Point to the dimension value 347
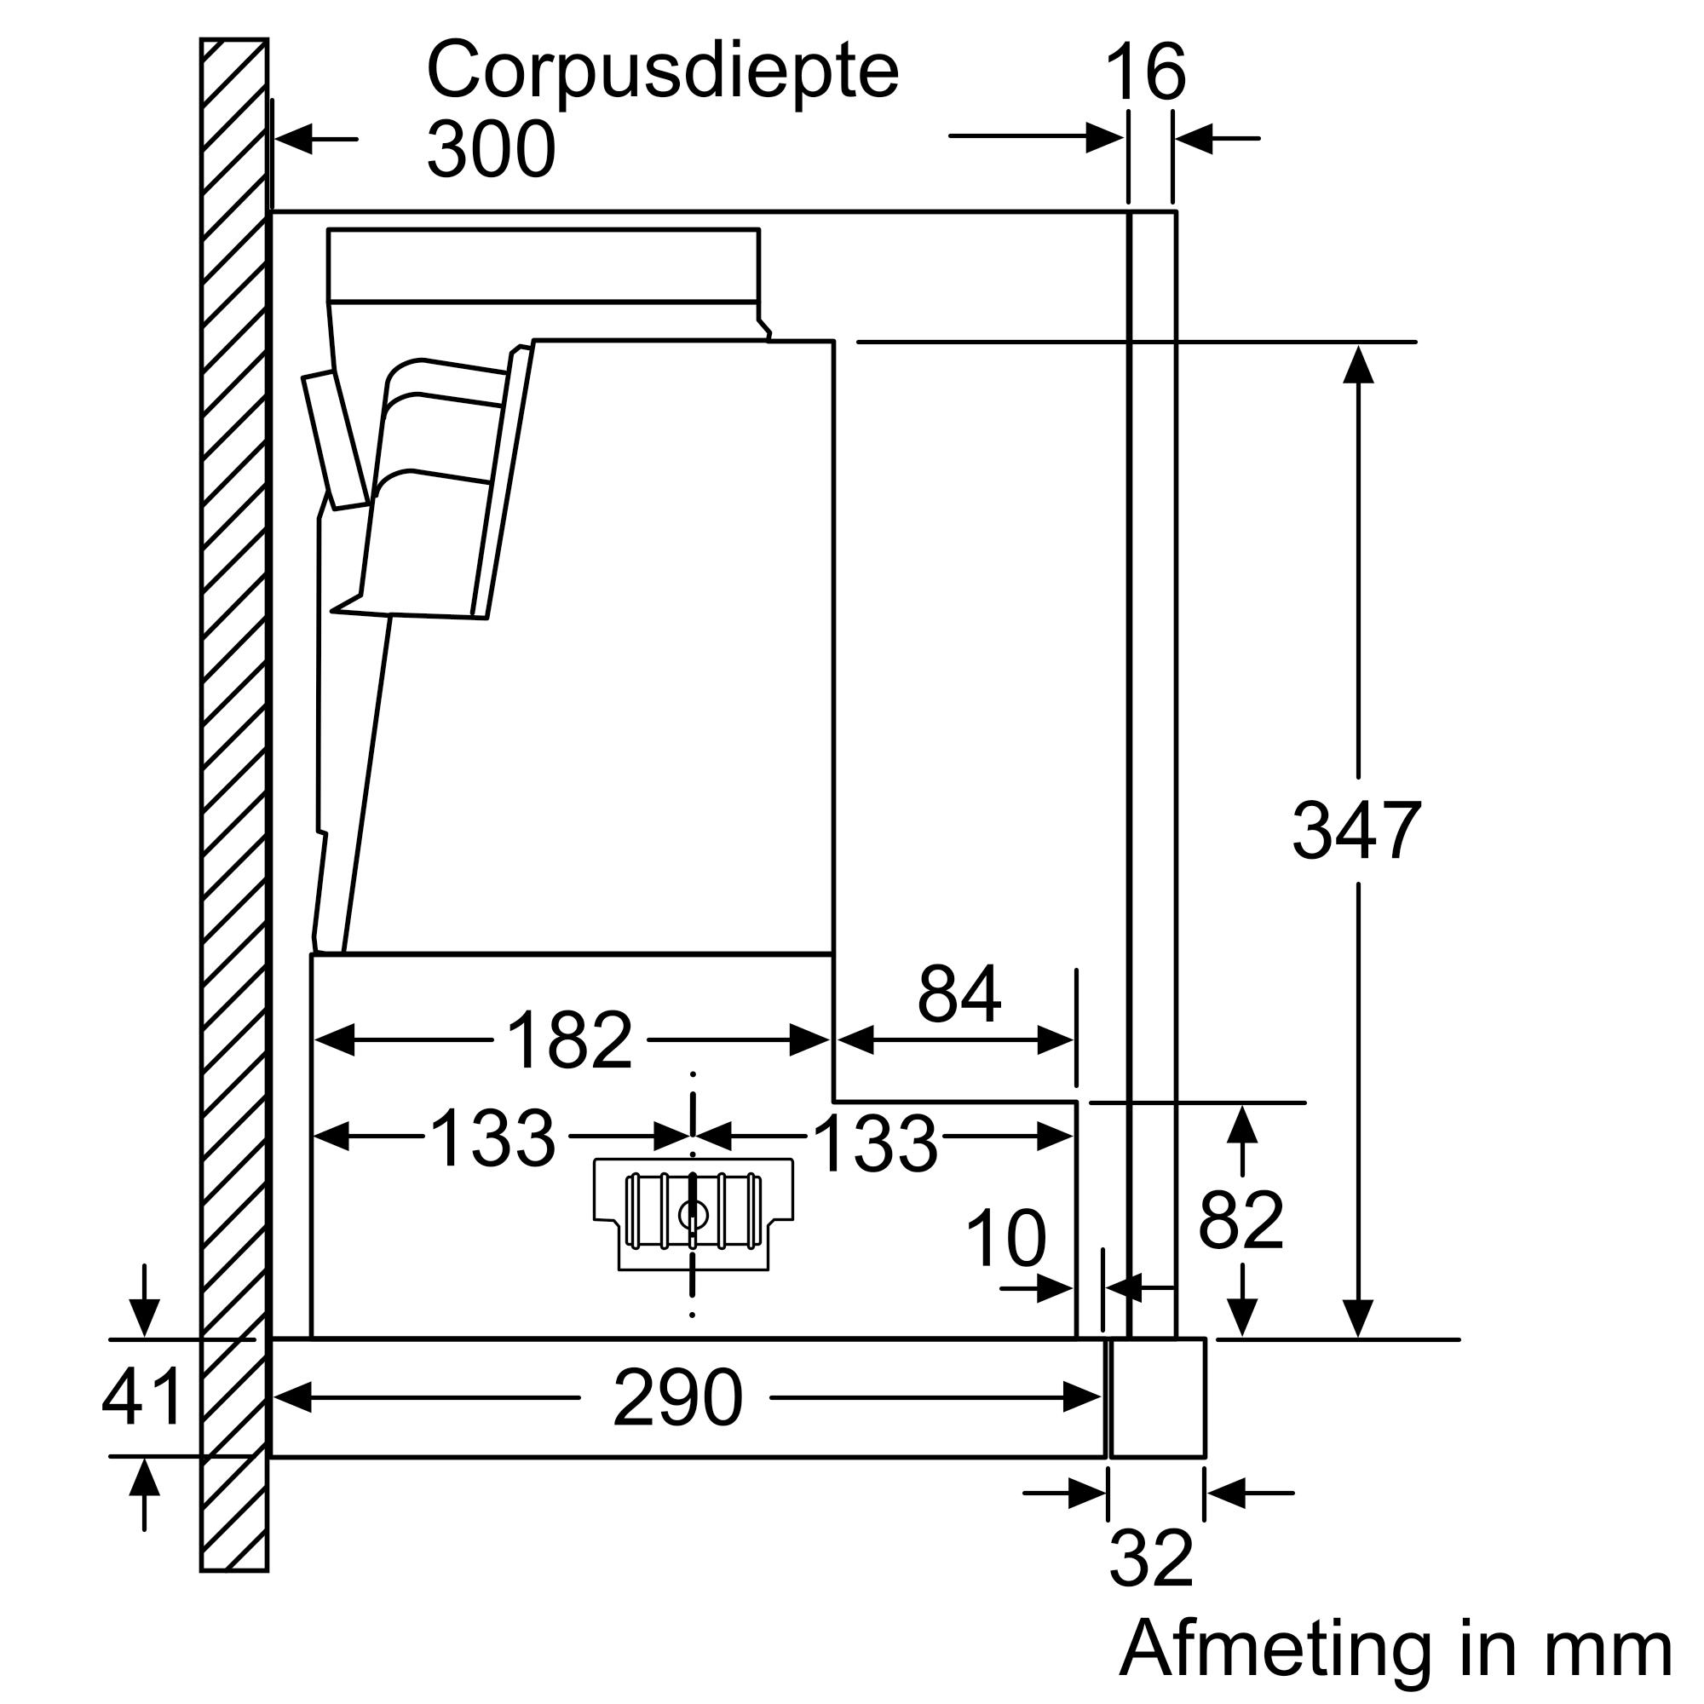1356,830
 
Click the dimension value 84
958,995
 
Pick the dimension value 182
570,1041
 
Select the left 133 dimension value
493,1137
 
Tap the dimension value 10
1005,1238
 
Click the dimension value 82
1241,1220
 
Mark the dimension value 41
142,1397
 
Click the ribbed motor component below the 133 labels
694,1212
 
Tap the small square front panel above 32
1157,1397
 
